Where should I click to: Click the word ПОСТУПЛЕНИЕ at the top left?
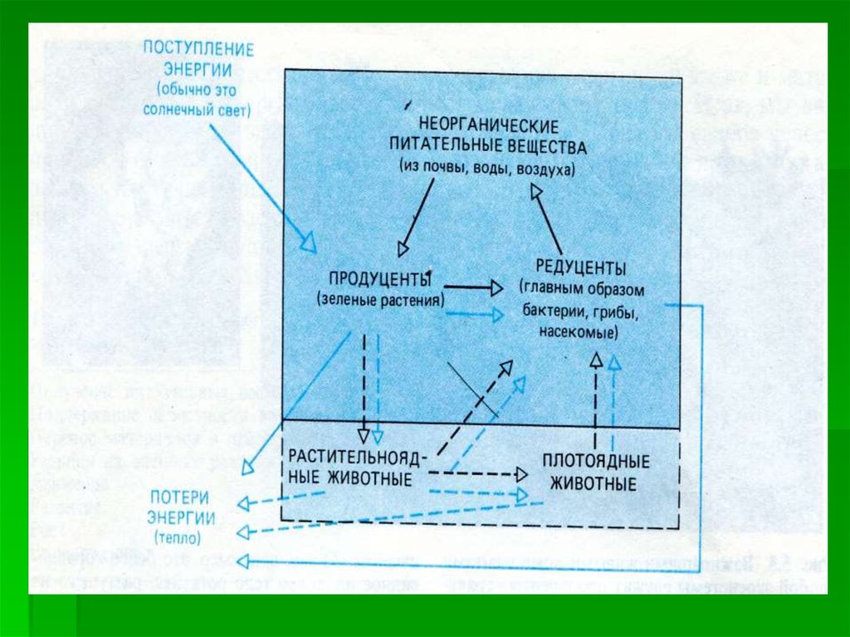(198, 47)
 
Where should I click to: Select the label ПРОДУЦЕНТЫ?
(379, 277)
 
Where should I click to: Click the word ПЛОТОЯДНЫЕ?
(595, 461)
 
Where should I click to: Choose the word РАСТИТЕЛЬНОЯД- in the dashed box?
(359, 458)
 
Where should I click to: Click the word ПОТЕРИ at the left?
(178, 498)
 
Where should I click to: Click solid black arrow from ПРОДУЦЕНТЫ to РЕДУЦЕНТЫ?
(474, 287)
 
